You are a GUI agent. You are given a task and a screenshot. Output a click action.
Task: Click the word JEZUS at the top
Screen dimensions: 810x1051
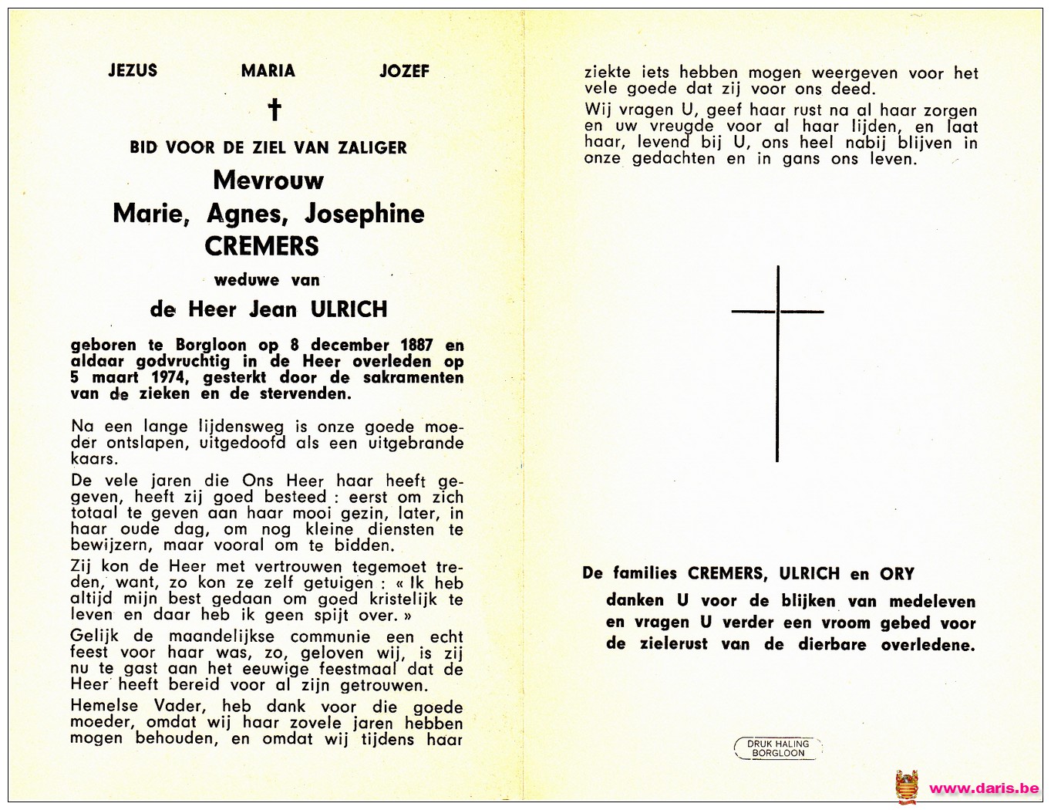133,70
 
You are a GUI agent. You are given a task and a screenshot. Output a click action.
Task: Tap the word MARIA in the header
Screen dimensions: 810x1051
268,71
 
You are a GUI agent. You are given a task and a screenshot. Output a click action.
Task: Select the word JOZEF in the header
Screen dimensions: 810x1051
404,71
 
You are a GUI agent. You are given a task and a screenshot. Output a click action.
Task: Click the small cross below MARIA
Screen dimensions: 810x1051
274,110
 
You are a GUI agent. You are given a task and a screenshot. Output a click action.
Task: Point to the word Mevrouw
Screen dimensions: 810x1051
268,181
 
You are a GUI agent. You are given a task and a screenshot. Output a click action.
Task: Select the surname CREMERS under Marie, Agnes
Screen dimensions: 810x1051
261,246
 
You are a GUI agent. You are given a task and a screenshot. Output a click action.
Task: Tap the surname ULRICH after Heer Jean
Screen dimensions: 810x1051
349,309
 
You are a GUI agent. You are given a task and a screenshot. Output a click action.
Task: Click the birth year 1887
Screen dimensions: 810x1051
416,345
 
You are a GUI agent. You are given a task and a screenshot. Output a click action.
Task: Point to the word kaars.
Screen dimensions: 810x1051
93,459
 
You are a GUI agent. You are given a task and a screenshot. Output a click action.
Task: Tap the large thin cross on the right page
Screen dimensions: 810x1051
777,363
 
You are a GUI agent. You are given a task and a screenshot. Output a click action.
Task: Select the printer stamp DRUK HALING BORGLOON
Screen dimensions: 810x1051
778,748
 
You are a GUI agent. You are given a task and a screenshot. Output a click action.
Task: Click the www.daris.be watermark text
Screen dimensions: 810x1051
984,788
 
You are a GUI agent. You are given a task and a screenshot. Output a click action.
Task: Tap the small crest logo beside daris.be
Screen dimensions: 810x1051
907,787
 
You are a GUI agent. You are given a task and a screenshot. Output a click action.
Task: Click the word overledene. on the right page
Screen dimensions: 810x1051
928,645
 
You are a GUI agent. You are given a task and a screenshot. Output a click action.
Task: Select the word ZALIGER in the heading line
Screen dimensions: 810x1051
372,147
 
